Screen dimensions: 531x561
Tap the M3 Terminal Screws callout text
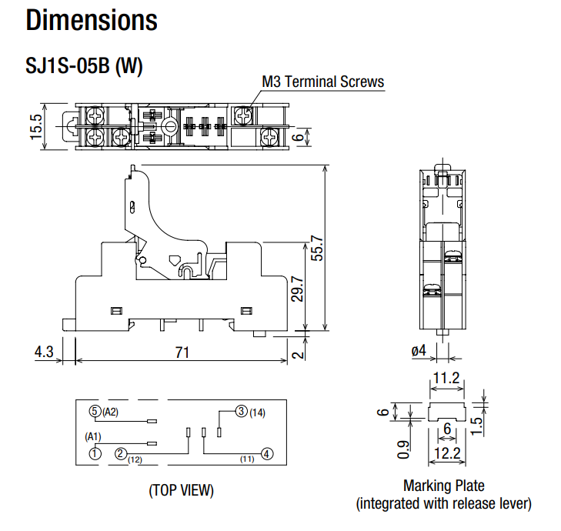pos(323,82)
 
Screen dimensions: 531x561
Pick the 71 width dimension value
pos(182,352)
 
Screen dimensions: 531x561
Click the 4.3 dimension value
pos(45,352)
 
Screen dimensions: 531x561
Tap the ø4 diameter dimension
pos(419,351)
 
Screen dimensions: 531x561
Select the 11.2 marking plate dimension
pos(446,378)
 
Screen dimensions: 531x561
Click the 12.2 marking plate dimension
pos(446,454)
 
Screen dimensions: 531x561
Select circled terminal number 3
pos(241,412)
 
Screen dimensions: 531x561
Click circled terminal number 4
pos(266,454)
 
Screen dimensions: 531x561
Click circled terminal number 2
pos(121,453)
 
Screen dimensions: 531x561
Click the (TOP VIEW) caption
pos(182,490)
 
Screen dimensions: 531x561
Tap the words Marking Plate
pos(443,486)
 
